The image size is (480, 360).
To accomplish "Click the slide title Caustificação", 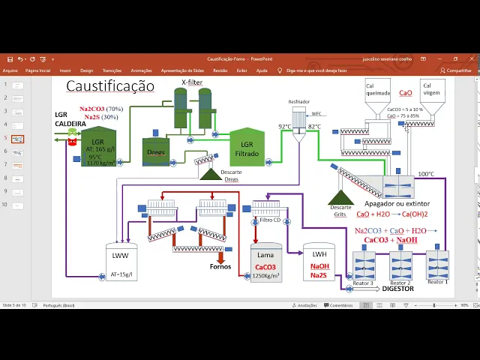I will click(x=109, y=86).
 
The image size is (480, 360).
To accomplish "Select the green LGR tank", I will click(x=98, y=147).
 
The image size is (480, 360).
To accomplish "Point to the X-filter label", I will click(x=192, y=82).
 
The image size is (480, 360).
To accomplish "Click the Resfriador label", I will click(x=299, y=101).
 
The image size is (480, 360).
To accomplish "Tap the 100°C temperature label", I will click(x=426, y=174).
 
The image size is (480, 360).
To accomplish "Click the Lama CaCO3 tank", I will click(x=265, y=264).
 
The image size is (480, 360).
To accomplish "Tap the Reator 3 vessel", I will click(x=364, y=266).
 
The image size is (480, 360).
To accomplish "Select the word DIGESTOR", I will click(x=397, y=288).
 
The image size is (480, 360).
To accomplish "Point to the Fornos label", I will click(x=220, y=265).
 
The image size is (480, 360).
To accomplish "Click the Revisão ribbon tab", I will click(x=220, y=70).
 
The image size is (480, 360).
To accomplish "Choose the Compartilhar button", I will click(x=455, y=70).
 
